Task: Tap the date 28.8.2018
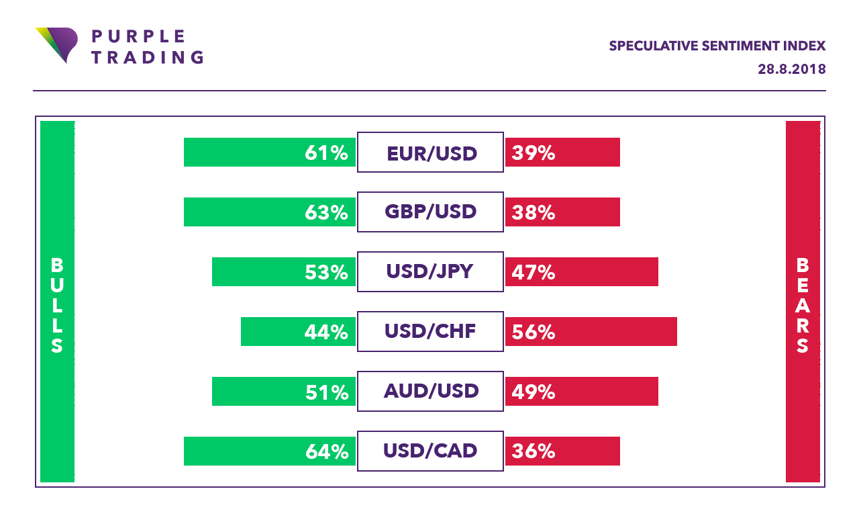pos(792,69)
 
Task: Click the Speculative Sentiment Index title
pos(717,46)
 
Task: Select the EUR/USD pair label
pos(432,153)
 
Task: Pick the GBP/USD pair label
pos(430,212)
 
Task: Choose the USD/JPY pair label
pos(430,271)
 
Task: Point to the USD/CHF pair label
pos(430,331)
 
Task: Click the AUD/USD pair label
pos(431,391)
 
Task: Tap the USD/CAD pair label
pos(430,450)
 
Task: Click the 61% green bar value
pos(326,153)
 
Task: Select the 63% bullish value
pos(326,212)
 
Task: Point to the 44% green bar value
pos(326,331)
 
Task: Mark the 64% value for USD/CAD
pos(326,451)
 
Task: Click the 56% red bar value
pos(534,331)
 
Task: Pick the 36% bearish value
pos(534,451)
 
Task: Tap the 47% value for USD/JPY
pos(534,272)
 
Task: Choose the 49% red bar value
pos(534,391)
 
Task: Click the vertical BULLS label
pos(57,306)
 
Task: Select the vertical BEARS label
pos(803,306)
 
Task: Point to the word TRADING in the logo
pos(147,57)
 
